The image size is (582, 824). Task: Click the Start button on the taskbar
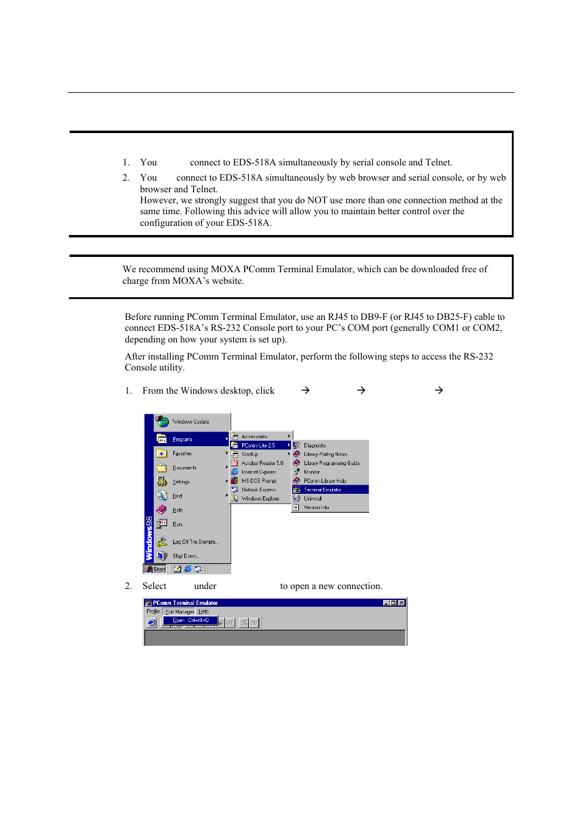[x=156, y=569]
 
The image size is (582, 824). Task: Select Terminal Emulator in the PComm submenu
[x=323, y=490]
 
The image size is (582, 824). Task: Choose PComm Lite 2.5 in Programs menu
[x=258, y=446]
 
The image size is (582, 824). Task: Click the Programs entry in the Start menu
[x=182, y=439]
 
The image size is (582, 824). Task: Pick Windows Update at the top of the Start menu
[x=190, y=422]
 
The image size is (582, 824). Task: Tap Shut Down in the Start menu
[x=185, y=556]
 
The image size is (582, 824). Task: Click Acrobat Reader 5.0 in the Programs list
[x=262, y=463]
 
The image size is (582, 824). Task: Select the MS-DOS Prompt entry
[x=259, y=481]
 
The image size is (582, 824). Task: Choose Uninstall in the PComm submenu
[x=312, y=499]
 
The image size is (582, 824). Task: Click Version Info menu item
[x=316, y=507]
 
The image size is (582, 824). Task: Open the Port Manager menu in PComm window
[x=179, y=612]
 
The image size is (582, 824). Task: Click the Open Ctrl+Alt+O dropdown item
[x=190, y=620]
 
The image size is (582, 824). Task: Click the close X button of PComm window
[x=401, y=603]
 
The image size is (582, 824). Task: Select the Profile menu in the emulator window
[x=153, y=612]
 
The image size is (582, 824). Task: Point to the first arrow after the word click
[x=306, y=391]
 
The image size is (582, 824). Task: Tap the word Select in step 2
[x=154, y=586]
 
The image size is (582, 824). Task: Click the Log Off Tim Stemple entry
[x=195, y=542]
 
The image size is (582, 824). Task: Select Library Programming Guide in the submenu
[x=331, y=463]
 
